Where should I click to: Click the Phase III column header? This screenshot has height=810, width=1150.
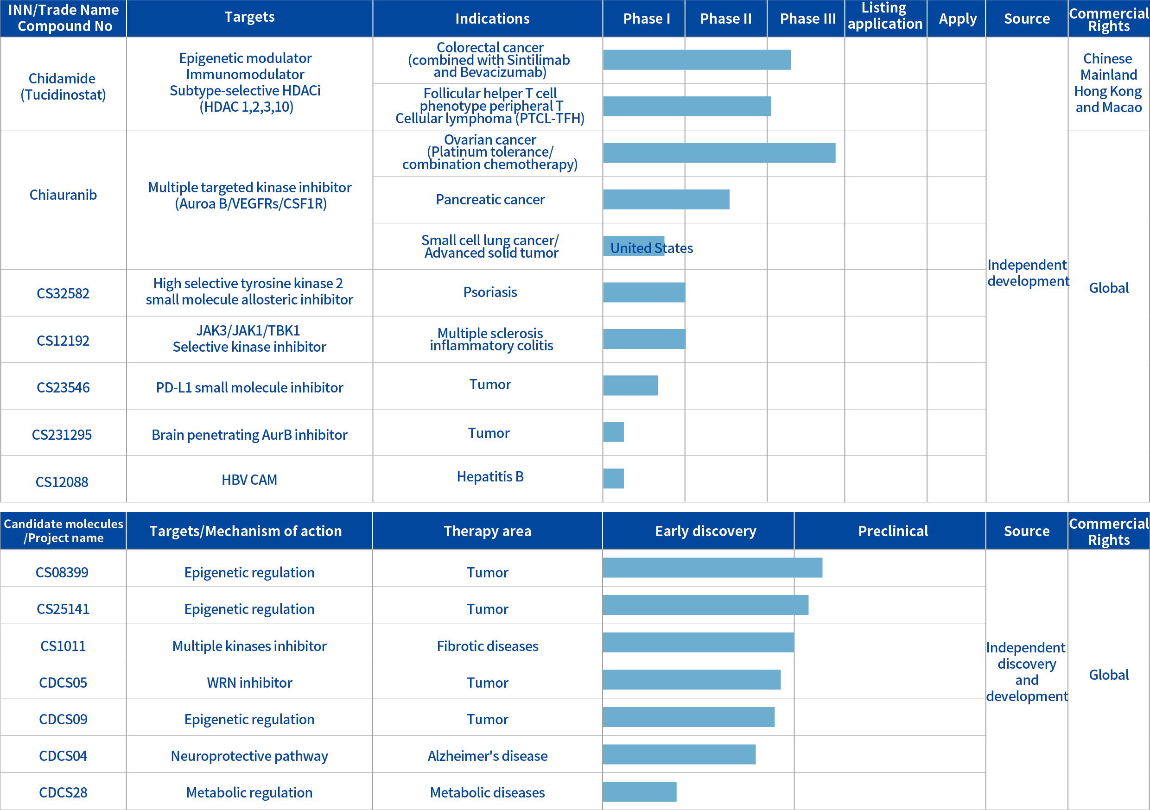click(x=807, y=19)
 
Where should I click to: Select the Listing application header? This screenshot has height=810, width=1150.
click(x=884, y=16)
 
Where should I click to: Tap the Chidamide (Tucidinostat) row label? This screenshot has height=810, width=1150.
click(x=63, y=87)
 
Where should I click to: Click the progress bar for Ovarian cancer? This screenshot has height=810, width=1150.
click(x=719, y=153)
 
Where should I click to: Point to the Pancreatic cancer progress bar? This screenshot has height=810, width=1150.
click(x=666, y=199)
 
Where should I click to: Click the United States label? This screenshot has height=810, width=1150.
click(x=652, y=248)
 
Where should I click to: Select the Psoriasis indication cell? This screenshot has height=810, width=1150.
click(x=490, y=292)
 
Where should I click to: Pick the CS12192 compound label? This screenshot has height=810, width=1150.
click(x=63, y=341)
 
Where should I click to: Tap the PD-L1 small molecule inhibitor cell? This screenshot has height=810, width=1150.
click(x=249, y=387)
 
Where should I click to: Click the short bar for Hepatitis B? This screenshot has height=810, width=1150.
click(x=614, y=479)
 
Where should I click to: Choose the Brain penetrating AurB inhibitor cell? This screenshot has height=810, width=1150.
click(x=249, y=435)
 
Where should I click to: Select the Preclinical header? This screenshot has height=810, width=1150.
click(x=893, y=531)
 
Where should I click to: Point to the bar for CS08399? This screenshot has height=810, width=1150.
click(x=712, y=568)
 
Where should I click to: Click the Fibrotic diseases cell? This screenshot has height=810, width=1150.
click(x=487, y=646)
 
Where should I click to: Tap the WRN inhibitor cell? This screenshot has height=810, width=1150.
click(x=249, y=683)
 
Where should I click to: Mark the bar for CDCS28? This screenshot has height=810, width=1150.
click(x=640, y=791)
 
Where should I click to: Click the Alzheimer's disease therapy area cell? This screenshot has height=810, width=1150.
click(x=487, y=756)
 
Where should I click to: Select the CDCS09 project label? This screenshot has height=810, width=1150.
click(x=63, y=719)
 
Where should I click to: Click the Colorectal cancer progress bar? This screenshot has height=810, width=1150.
click(x=697, y=60)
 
